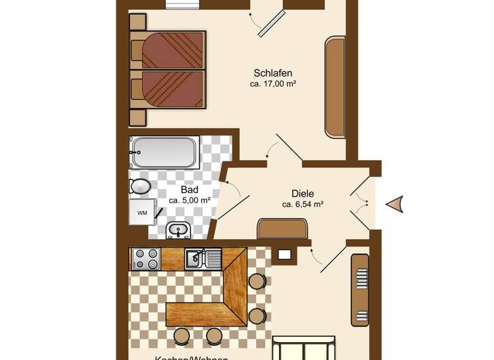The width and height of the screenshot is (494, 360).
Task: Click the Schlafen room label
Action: coord(273,73)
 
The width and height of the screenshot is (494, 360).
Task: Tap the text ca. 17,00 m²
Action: coord(273,84)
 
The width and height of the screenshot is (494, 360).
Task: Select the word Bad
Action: coord(189,190)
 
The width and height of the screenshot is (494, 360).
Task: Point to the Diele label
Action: coord(302,194)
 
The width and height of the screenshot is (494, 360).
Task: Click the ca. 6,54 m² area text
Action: coord(302,204)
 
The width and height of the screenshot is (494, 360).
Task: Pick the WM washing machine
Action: coord(142,212)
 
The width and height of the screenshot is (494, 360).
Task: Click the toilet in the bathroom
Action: coord(140,186)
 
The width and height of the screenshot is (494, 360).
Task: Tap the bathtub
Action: coord(164,153)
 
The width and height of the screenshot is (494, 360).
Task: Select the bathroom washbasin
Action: coord(178,229)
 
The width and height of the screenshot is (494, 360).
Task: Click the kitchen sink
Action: coord(195,258)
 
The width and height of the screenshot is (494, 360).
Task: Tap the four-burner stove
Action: coord(146,258)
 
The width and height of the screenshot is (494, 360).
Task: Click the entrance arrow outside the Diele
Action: coord(394,204)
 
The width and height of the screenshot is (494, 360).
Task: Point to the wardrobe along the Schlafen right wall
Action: coord(335,87)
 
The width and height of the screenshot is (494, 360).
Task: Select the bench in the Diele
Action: coord(282,228)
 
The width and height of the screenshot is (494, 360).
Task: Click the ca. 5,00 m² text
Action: coord(189,201)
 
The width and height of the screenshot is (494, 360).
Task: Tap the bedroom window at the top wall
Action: coord(185,4)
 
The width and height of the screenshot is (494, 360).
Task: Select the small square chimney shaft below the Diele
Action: coord(284,255)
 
